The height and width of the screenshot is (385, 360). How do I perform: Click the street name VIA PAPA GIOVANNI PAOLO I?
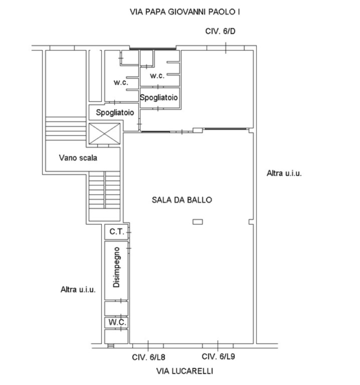click(x=185, y=12)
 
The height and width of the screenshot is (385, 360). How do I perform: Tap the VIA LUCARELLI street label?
click(x=185, y=371)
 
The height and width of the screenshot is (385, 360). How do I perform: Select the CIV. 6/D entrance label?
click(x=220, y=31)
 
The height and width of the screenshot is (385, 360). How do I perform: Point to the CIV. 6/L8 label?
click(x=149, y=357)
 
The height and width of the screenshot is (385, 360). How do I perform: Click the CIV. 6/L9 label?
click(x=218, y=356)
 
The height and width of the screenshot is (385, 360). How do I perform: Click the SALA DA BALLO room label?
click(x=182, y=200)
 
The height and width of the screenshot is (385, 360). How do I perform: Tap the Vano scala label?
click(x=78, y=158)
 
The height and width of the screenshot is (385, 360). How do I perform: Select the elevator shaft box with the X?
click(x=104, y=134)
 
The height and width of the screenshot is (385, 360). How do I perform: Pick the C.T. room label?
click(x=117, y=231)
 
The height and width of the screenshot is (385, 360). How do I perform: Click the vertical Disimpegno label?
click(x=116, y=267)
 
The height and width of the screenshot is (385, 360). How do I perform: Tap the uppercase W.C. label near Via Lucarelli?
click(x=117, y=322)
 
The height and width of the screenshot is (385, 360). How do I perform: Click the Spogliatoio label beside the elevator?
click(x=115, y=113)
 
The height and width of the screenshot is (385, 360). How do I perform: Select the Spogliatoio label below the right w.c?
click(x=159, y=98)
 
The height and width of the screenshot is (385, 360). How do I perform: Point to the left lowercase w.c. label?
click(x=121, y=82)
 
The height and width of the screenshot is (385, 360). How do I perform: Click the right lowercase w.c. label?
click(x=157, y=76)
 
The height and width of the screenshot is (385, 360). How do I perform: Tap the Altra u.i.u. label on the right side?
click(x=284, y=173)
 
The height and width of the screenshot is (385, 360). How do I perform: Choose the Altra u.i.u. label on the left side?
click(x=78, y=290)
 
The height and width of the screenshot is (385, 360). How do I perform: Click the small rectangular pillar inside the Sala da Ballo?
click(x=197, y=222)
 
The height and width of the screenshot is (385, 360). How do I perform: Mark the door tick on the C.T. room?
click(x=129, y=232)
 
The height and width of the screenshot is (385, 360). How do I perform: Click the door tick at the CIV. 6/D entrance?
click(x=226, y=48)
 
